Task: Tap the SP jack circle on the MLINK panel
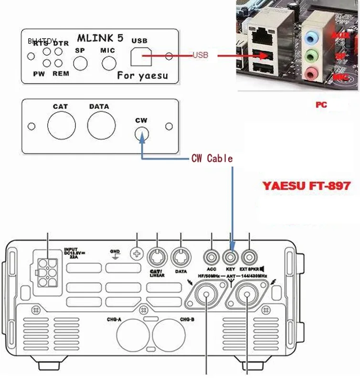(80, 63)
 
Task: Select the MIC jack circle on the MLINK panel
(109, 63)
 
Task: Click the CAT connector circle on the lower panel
(61, 126)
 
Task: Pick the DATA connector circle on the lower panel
(100, 126)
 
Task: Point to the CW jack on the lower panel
(141, 134)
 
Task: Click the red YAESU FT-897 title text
(306, 185)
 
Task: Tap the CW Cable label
(212, 158)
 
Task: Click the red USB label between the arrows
(201, 55)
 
